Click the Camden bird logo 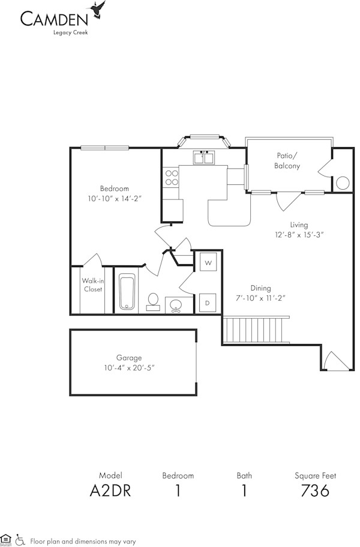pos(98,10)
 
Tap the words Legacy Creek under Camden pos(72,32)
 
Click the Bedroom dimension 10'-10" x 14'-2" pos(114,198)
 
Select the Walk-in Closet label pos(92,285)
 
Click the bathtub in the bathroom pos(127,292)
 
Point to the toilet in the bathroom pos(153,300)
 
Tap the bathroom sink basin pos(176,306)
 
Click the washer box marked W pos(208,263)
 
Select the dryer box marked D pos(207,303)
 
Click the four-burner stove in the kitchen pos(172,177)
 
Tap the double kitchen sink pos(204,158)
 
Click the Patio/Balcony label pos(287,160)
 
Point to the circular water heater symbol pos(343,183)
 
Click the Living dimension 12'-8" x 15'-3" pos(299,235)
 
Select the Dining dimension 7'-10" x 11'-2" pos(260,298)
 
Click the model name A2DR pos(110,491)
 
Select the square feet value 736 pos(315,491)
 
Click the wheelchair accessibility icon pos(20,540)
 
